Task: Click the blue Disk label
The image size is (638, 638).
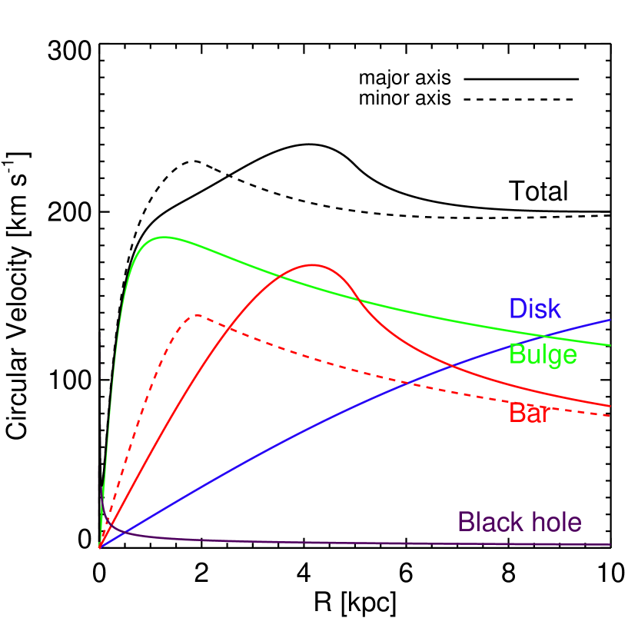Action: click(x=535, y=309)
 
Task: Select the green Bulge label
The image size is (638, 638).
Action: click(x=543, y=354)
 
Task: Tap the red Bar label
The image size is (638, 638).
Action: click(x=529, y=413)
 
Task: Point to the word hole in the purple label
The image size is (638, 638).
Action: click(x=553, y=523)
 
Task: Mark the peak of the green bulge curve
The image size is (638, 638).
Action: click(x=163, y=237)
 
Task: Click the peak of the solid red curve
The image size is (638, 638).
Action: click(x=313, y=264)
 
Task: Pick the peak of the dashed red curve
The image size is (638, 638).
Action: click(x=198, y=314)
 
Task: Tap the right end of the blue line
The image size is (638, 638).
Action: click(x=610, y=319)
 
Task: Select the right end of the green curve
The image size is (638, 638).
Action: click(x=610, y=345)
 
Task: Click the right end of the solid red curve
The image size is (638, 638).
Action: click(x=610, y=406)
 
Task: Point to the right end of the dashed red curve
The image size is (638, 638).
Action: click(x=610, y=416)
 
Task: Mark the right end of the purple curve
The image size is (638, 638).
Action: click(x=610, y=544)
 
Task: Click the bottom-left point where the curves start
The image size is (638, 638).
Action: click(x=100, y=547)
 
